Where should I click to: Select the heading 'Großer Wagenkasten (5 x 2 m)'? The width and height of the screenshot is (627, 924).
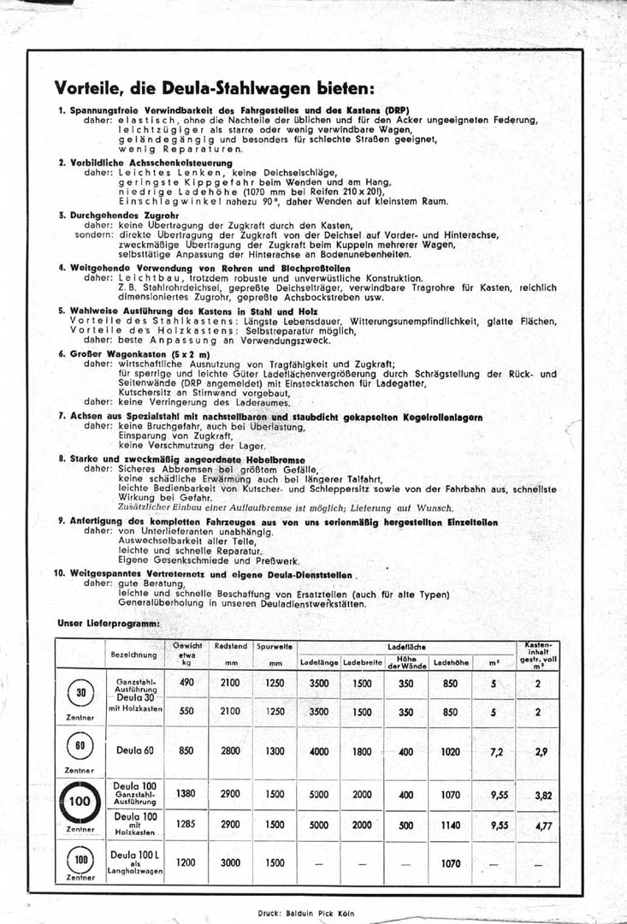click(x=130, y=353)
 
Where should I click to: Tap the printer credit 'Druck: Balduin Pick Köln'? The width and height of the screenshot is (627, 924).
click(x=305, y=913)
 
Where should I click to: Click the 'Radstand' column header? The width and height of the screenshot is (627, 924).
click(x=232, y=648)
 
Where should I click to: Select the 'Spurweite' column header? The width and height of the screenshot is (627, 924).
click(x=275, y=648)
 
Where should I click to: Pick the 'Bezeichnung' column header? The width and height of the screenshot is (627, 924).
click(x=133, y=654)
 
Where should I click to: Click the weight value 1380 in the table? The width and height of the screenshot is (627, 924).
click(x=186, y=793)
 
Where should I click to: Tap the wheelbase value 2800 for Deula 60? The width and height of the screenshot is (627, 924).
click(x=231, y=749)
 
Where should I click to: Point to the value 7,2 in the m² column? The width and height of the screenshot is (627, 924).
click(x=497, y=750)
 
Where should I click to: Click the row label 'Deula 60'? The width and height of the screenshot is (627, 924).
click(x=133, y=750)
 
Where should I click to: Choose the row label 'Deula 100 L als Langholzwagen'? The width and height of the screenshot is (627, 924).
click(x=134, y=862)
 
